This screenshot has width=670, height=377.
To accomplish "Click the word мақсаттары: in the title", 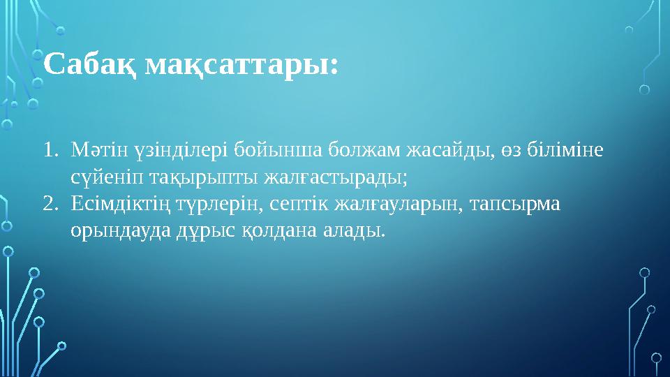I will tap(241, 66).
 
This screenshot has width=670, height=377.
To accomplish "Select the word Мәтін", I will tap(97, 149).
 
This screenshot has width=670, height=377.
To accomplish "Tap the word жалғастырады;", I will tap(336, 177).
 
